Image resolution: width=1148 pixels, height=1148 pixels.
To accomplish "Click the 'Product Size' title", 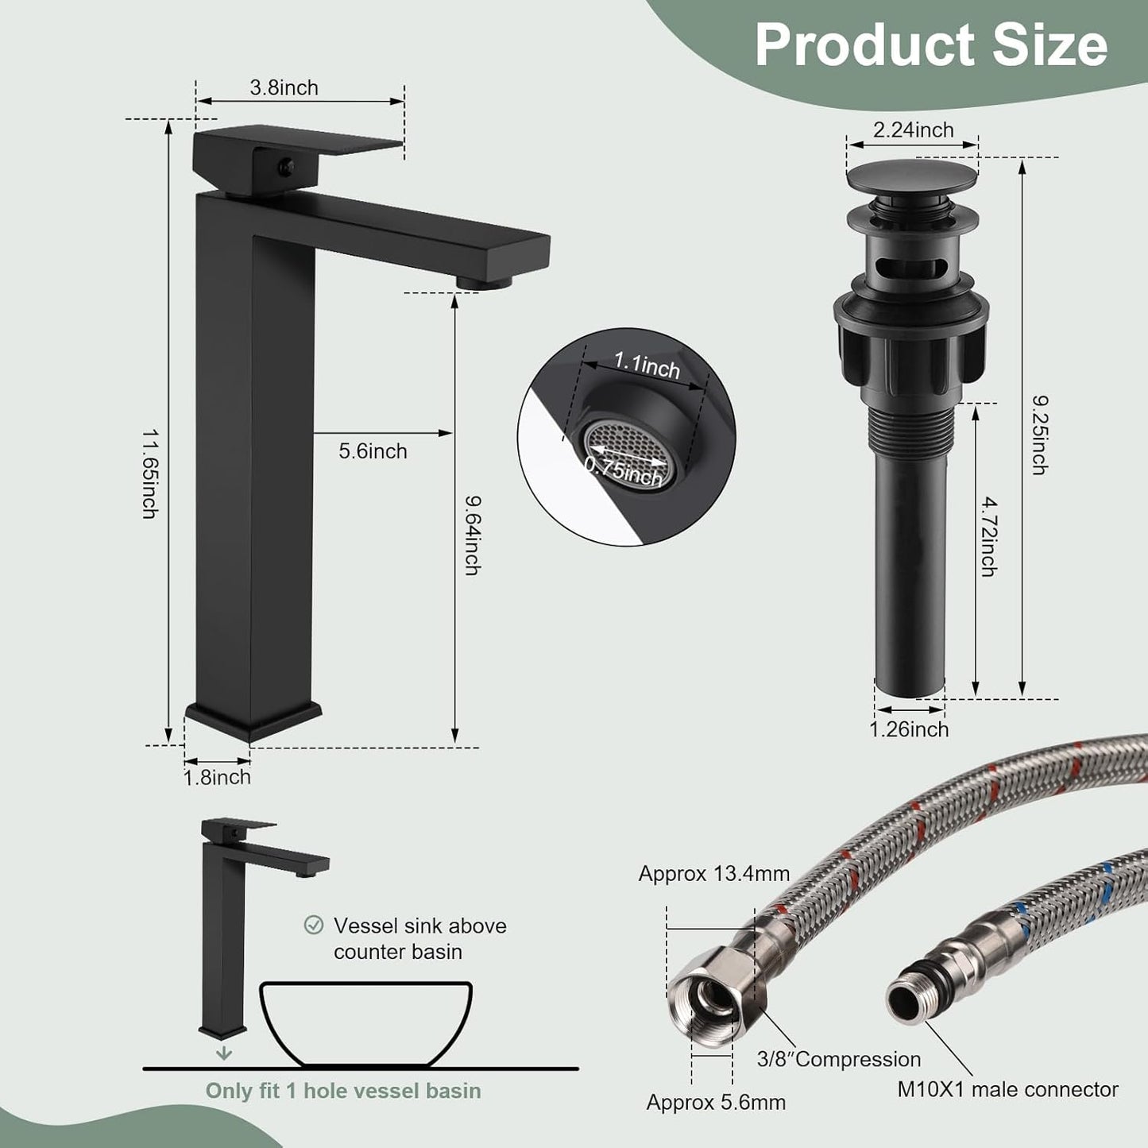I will pos(930,44).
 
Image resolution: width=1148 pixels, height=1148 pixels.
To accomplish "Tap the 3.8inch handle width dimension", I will pos(284,87).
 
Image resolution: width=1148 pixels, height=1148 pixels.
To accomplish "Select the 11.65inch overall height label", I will pos(149,474).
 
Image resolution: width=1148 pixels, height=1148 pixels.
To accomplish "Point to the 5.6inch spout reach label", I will pos(373,451).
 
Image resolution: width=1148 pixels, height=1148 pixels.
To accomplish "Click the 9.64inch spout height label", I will pos(472,535).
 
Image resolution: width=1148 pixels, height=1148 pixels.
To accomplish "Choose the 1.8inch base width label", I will pos(217,777).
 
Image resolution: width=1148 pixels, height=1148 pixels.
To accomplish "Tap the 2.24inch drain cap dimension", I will pos(913,129).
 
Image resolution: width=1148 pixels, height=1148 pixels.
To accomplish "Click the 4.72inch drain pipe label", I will pos(988,537).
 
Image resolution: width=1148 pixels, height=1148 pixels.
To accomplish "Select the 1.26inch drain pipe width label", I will pos(909,729).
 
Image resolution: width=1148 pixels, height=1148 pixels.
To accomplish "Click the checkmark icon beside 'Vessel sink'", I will pos(314,925).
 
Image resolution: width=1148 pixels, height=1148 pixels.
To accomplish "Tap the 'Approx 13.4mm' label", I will pos(713,874).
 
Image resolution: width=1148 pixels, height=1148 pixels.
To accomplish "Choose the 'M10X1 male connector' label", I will pos(1007,1090).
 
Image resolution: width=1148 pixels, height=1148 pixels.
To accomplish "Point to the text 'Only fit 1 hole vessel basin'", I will pos(343,1091).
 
